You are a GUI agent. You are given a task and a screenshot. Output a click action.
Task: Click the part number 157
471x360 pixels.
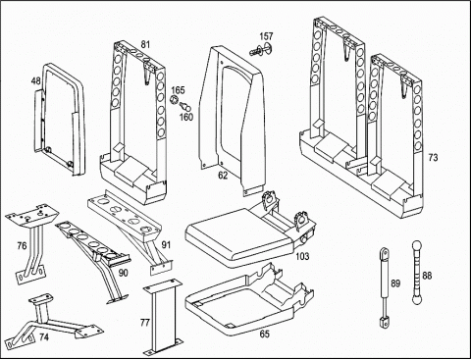click(x=266, y=36)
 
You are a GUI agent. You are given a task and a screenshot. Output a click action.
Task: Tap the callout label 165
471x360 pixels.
click(x=178, y=90)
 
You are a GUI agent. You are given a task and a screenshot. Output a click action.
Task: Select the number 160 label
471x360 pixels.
click(x=186, y=117)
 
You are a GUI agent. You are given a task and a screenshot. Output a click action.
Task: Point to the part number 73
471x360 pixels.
click(x=433, y=158)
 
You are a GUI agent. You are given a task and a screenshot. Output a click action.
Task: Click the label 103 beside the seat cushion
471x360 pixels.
click(x=302, y=256)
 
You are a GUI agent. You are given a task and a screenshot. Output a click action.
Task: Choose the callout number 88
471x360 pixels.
click(x=427, y=276)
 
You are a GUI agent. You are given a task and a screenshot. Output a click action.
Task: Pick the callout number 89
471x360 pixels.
click(x=395, y=283)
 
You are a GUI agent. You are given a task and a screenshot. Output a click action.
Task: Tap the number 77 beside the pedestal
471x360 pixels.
click(x=144, y=323)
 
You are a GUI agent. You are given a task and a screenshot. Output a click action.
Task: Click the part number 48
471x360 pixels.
click(x=36, y=80)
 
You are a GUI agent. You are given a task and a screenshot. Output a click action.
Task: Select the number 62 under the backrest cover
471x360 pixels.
click(x=223, y=176)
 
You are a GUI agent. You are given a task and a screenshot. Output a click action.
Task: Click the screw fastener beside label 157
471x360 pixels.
click(x=261, y=50)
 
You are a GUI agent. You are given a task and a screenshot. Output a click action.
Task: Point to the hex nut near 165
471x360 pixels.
click(x=174, y=99)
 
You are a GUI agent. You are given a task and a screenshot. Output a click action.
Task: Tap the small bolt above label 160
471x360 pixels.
click(x=185, y=106)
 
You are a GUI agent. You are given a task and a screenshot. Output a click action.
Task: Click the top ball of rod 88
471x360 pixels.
click(x=416, y=245)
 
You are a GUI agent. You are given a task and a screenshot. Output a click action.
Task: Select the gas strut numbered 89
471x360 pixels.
click(x=385, y=287)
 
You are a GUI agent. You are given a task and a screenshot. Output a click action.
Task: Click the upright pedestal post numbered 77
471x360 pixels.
click(x=161, y=317)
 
